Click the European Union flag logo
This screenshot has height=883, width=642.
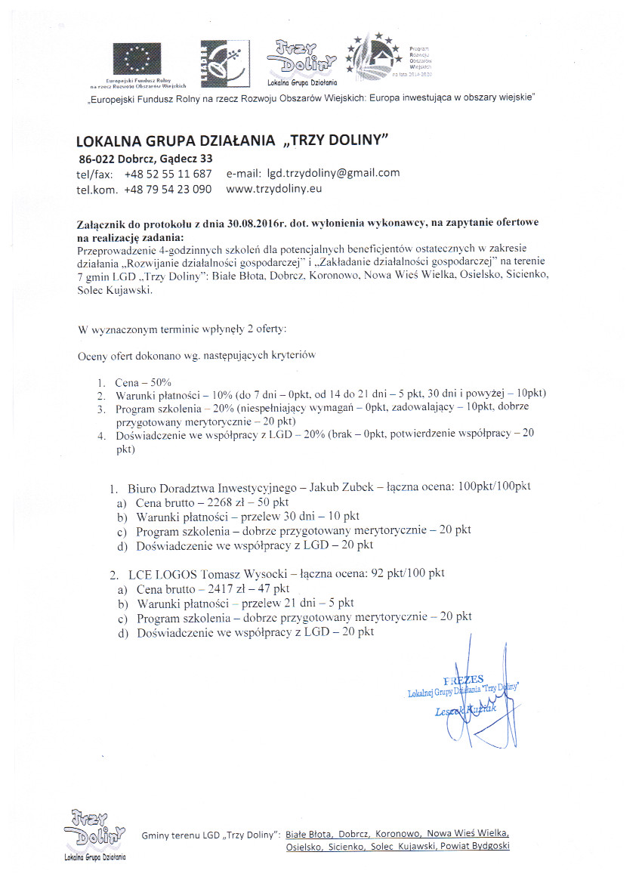click(x=137, y=59)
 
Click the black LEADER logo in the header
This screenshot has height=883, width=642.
click(x=224, y=61)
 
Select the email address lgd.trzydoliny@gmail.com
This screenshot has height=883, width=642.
click(x=329, y=173)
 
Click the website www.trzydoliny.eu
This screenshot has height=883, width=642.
click(x=274, y=189)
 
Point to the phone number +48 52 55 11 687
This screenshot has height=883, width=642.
click(x=168, y=174)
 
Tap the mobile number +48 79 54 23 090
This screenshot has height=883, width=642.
click(x=168, y=190)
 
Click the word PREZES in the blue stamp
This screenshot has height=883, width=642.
click(x=463, y=679)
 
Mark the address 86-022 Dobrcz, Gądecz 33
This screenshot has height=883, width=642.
click(x=146, y=159)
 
